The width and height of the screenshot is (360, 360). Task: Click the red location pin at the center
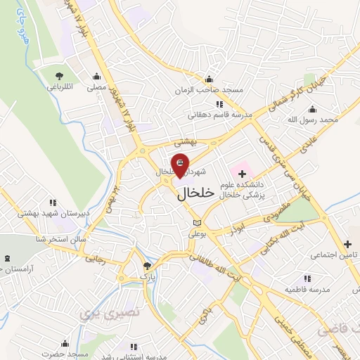180,164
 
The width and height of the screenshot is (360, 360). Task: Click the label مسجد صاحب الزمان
210,90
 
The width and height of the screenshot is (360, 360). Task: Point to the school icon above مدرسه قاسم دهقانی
219,104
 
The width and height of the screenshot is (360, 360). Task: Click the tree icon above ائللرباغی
59,75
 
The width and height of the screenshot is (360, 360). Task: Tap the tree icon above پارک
146,266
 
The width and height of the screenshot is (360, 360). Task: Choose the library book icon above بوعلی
197,224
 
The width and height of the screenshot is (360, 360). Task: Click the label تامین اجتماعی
333,253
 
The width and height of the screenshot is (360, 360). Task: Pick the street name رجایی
94,259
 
